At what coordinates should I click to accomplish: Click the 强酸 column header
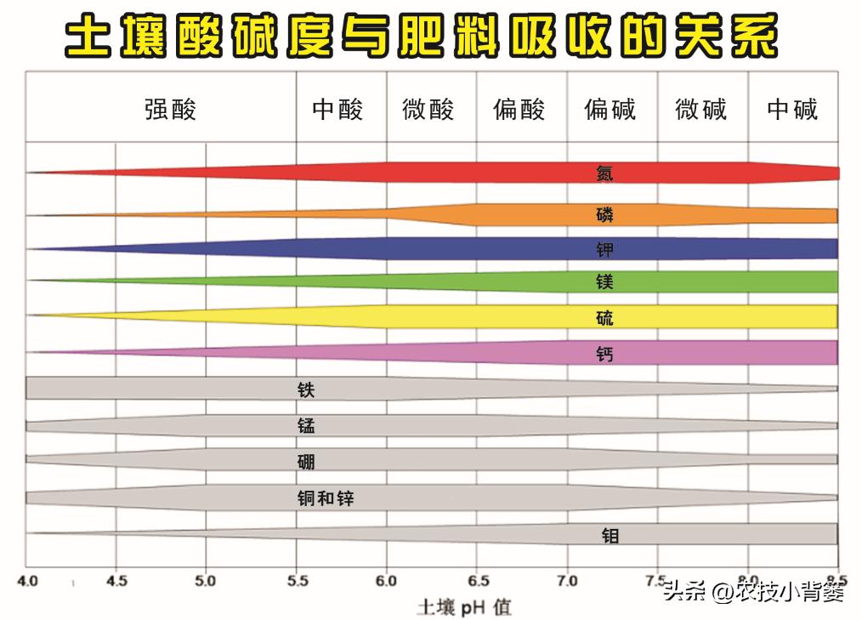[170, 110]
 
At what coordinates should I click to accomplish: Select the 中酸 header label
[337, 110]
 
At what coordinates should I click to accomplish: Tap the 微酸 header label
[428, 110]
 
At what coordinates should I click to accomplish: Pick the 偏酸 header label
[519, 110]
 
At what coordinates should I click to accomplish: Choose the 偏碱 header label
[610, 110]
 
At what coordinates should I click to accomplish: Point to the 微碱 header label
[701, 110]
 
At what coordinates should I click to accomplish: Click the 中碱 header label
[792, 110]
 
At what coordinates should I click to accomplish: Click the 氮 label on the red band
[604, 173]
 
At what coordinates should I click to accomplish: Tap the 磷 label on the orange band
[604, 214]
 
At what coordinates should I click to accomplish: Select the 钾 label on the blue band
[604, 249]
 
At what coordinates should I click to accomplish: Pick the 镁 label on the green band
[604, 282]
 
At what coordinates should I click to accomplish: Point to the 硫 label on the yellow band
[604, 318]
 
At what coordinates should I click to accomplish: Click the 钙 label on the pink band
[604, 354]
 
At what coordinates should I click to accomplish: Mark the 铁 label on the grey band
[306, 390]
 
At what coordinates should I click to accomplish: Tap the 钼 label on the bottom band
[610, 535]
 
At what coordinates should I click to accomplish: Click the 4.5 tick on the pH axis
[116, 582]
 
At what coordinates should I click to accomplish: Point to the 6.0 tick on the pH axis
[386, 582]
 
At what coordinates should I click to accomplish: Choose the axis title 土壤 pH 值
[464, 607]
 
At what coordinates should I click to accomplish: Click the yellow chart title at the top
[422, 38]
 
